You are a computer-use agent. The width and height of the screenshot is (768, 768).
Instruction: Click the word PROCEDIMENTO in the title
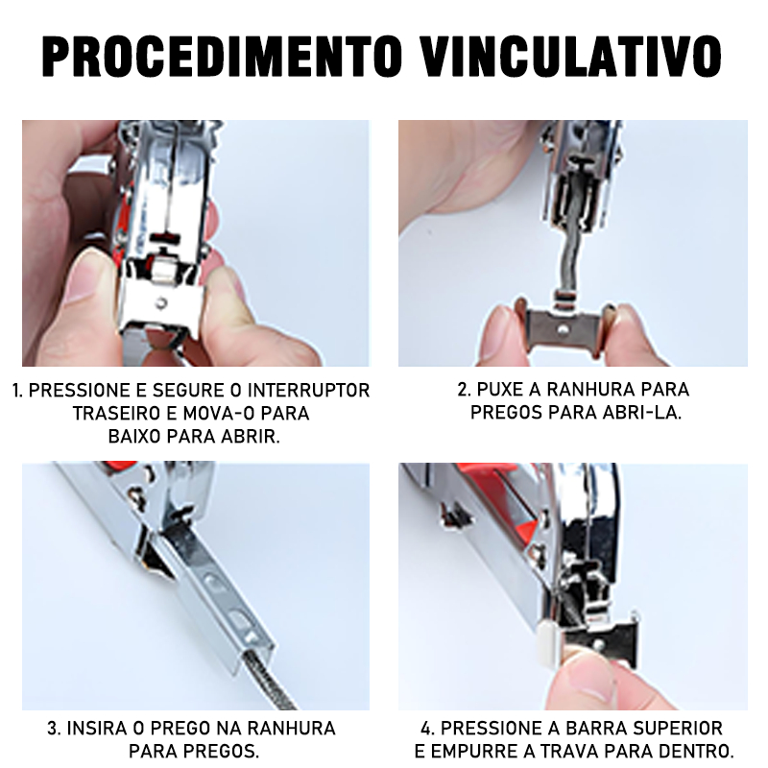(x=222, y=56)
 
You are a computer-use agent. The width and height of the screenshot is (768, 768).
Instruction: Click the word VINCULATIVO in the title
(x=571, y=56)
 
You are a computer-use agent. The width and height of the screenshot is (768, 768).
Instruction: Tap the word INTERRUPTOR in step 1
(x=309, y=391)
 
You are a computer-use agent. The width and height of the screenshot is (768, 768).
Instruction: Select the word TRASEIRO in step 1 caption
(x=116, y=414)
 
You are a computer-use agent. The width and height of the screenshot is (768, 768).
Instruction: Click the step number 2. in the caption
(x=465, y=390)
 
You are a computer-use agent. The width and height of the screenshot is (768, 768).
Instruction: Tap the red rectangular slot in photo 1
(x=165, y=238)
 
